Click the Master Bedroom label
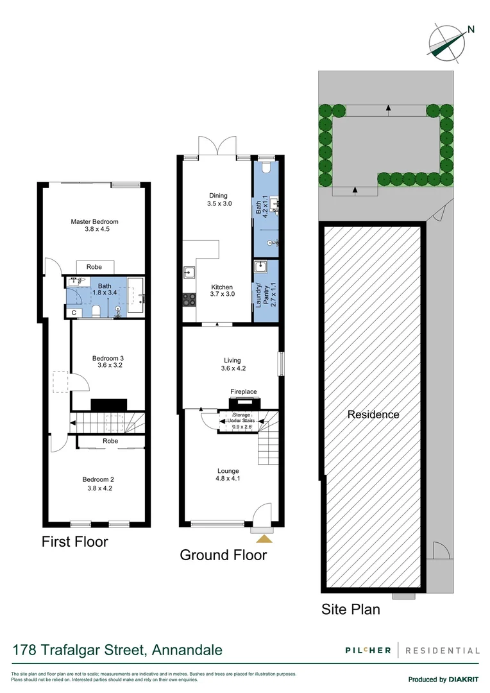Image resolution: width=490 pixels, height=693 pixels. (x=94, y=222)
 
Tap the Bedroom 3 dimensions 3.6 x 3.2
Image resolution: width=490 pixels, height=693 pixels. (x=107, y=365)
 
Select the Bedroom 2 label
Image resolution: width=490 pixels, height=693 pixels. (x=98, y=479)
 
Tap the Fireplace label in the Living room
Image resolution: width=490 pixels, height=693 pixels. (x=244, y=391)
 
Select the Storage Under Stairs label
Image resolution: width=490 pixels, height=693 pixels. (x=237, y=420)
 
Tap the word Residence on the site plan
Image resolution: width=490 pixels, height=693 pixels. (x=373, y=415)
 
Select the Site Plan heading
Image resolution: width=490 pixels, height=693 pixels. (x=350, y=609)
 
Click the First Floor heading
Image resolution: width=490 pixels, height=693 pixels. (x=75, y=542)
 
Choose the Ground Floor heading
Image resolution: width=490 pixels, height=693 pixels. (x=223, y=554)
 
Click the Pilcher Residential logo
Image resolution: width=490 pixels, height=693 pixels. (x=410, y=650)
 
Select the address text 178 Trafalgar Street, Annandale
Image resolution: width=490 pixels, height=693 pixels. (x=117, y=650)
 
